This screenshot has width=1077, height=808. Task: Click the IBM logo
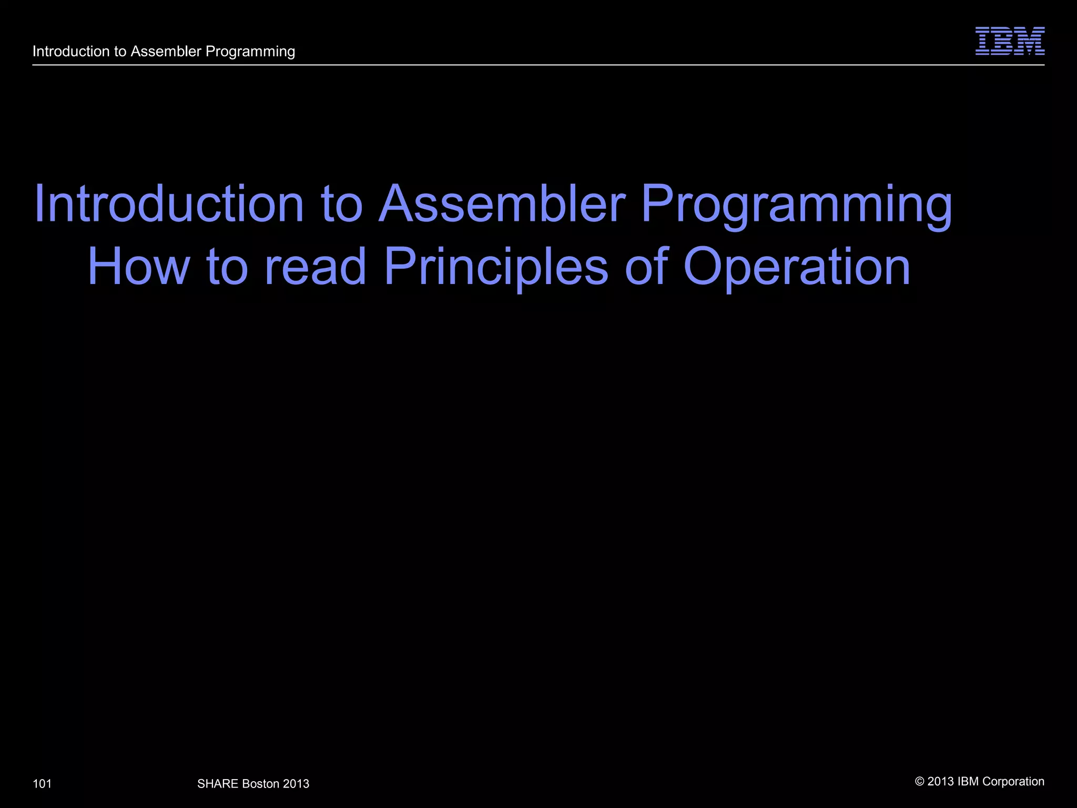pyautogui.click(x=1010, y=41)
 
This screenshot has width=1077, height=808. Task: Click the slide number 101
pyautogui.click(x=42, y=784)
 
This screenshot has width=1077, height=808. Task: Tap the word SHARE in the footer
pyautogui.click(x=218, y=784)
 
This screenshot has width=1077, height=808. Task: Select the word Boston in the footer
pyautogui.click(x=261, y=784)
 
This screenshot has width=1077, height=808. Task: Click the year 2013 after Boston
pyautogui.click(x=296, y=784)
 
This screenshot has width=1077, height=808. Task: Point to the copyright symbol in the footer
pyautogui.click(x=920, y=782)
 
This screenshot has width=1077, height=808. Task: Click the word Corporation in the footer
pyautogui.click(x=1013, y=782)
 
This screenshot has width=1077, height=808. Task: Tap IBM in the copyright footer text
pyautogui.click(x=968, y=782)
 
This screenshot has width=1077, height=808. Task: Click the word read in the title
pyautogui.click(x=315, y=267)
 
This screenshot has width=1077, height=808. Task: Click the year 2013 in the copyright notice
pyautogui.click(x=941, y=782)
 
